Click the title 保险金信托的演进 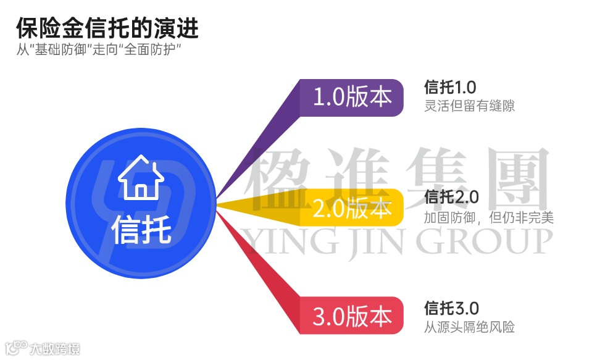coord(107,28)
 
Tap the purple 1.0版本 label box coord(352,98)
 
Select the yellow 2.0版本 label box coord(352,209)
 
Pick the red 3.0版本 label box coord(352,316)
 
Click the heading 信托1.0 coord(450,86)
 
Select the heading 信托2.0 coord(451,198)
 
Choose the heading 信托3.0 coord(451,308)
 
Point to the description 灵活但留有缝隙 coord(470,106)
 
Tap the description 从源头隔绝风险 coord(470,327)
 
